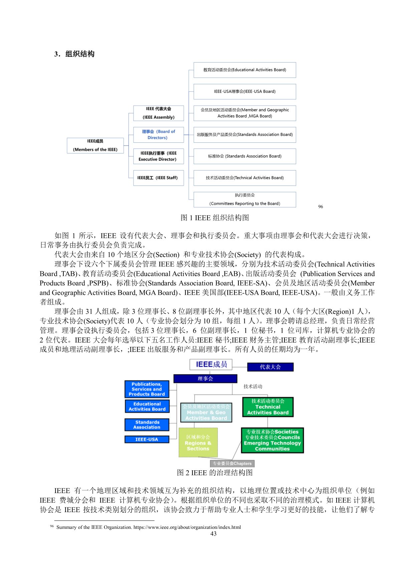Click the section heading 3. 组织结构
click(74, 54)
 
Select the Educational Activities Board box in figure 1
click(244, 70)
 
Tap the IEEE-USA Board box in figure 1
click(244, 91)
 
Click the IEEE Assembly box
click(158, 113)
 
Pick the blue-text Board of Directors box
click(158, 134)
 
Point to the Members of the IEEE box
click(95, 145)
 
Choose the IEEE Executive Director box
click(158, 156)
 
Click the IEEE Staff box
click(158, 178)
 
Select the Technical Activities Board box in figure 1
click(244, 178)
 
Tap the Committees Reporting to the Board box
click(244, 200)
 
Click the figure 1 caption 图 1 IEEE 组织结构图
click(215, 218)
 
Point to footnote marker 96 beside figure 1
click(321, 207)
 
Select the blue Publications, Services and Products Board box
click(147, 389)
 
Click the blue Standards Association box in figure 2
click(147, 425)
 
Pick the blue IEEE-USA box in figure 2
click(147, 439)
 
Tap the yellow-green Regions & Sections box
click(198, 443)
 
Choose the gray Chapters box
click(232, 463)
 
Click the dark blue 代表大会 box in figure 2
click(270, 367)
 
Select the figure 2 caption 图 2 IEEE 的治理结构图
click(215, 473)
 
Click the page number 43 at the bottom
click(213, 534)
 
